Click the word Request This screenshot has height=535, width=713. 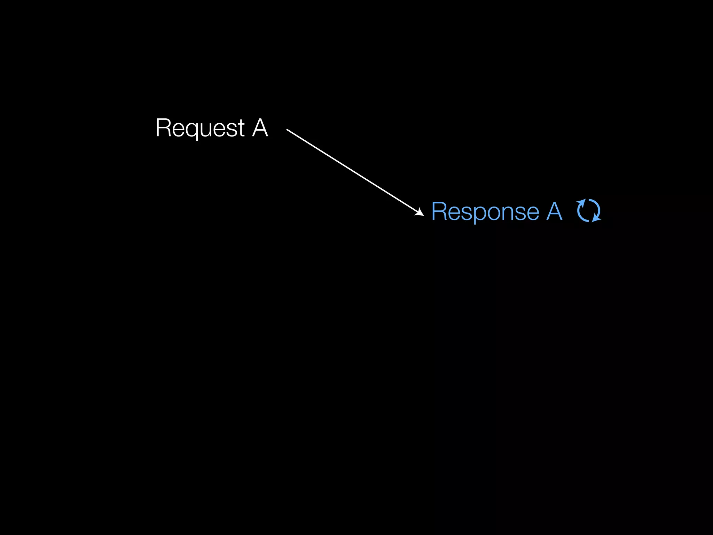coord(200,128)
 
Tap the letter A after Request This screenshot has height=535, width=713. coord(260,128)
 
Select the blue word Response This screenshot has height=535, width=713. coord(485,211)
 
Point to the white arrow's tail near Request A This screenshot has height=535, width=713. coord(288,130)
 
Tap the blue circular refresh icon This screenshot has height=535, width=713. coord(589,211)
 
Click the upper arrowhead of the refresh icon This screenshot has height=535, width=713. coord(581,202)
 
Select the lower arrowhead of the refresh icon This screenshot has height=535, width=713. coord(596,219)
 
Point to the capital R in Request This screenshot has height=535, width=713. coord(162,128)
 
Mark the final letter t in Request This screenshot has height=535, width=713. coord(241,128)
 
